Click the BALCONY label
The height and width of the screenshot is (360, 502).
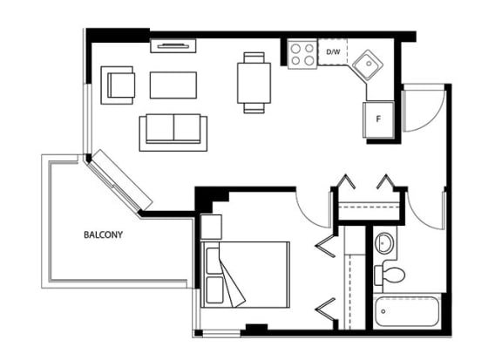point(103,234)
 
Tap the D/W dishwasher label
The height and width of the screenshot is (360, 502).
point(333,51)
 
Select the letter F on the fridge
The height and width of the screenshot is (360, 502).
point(378,119)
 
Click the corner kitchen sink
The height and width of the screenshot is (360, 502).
point(368,65)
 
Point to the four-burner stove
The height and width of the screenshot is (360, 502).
point(302,54)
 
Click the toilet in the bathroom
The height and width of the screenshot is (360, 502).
point(390,275)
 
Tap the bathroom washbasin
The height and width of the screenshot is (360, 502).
point(383,243)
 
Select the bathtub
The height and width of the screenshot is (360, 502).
point(407,311)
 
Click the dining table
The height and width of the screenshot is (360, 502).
point(254,83)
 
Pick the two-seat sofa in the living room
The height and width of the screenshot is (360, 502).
point(173,132)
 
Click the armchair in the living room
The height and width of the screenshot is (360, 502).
point(118,85)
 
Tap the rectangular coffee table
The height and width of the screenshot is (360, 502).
point(173,85)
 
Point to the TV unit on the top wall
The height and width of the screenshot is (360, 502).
point(173,46)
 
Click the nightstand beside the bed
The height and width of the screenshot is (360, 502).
point(211,227)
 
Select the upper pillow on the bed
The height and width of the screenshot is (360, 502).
point(214,261)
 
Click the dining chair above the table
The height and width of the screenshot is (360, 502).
point(254,58)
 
